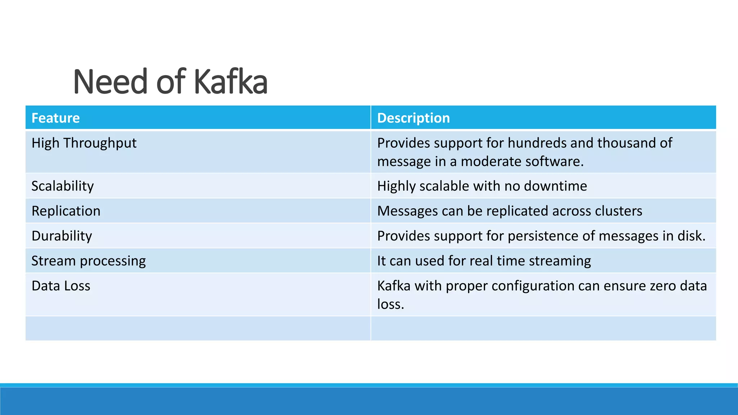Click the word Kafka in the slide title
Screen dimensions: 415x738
[x=231, y=82]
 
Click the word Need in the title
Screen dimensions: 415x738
[x=110, y=82]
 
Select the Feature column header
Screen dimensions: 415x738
[x=55, y=118]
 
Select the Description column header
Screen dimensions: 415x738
[x=413, y=118]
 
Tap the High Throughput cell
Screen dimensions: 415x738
[x=84, y=143]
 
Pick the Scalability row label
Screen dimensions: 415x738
[x=63, y=186]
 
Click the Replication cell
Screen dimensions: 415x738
[x=66, y=211]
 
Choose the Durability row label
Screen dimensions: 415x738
[x=62, y=236]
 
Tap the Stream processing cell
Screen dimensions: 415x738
[x=89, y=261]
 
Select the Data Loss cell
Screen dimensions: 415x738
[x=61, y=286]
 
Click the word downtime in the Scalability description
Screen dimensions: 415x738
[x=555, y=186]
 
